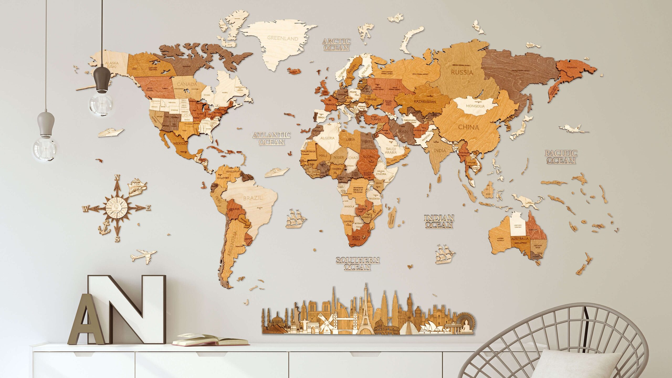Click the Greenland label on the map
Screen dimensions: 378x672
click(x=282, y=38)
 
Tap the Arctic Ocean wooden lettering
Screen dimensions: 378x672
click(x=336, y=44)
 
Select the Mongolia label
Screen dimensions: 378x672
click(x=475, y=106)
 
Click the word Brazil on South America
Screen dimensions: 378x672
click(x=253, y=198)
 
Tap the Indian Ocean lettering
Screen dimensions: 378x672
click(x=439, y=221)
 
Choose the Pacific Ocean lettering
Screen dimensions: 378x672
click(x=561, y=157)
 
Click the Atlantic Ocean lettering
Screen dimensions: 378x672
click(x=271, y=138)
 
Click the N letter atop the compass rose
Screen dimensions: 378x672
click(x=118, y=177)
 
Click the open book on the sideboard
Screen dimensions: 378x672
click(x=210, y=340)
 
